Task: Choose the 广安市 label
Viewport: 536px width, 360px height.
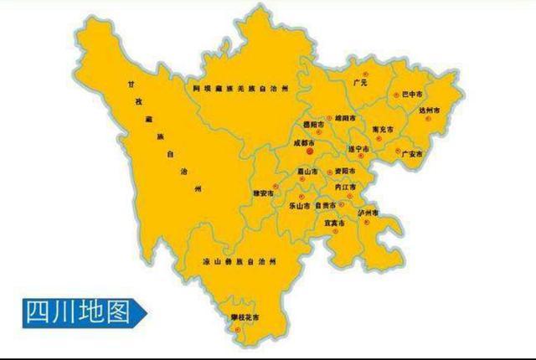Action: tap(412, 154)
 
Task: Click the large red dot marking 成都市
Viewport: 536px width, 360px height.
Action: tap(309, 153)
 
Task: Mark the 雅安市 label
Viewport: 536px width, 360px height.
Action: tap(264, 193)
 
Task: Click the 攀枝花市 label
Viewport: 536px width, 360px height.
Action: tap(245, 316)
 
